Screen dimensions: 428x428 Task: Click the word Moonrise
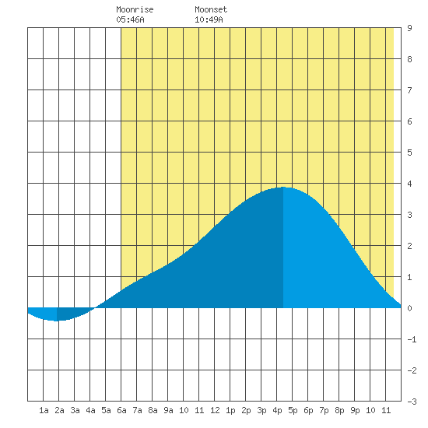(135, 9)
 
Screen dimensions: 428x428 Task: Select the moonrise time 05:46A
(130, 19)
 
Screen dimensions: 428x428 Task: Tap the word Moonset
(211, 9)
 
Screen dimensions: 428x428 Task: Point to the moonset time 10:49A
(209, 19)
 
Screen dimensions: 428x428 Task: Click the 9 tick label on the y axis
(409, 28)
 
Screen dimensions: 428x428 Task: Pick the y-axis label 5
(409, 153)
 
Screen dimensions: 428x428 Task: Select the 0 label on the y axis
(409, 308)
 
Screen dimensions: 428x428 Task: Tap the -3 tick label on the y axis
(412, 402)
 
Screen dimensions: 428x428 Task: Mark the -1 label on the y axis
(412, 339)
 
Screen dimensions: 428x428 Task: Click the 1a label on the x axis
(44, 410)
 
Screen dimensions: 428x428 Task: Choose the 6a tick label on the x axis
(121, 410)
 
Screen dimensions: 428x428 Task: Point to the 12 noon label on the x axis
(215, 410)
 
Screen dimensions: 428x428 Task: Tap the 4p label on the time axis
(277, 410)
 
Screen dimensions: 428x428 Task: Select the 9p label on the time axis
(355, 410)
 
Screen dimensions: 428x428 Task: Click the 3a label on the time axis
(75, 410)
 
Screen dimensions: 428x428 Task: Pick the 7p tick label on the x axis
(324, 410)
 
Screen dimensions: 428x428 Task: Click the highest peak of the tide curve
(283, 188)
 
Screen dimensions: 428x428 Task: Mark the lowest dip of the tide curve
(57, 321)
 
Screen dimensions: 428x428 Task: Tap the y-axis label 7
(409, 90)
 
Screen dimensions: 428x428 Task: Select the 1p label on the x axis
(230, 410)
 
